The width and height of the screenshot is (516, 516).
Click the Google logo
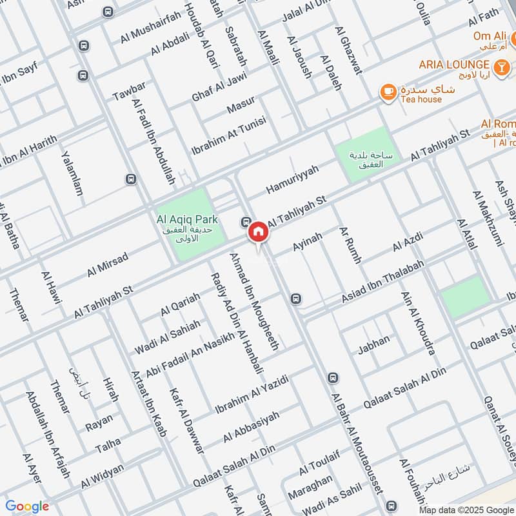[x=27, y=506]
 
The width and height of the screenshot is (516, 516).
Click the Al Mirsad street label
[x=108, y=264]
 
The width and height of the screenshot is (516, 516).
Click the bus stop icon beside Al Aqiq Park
[x=246, y=222]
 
